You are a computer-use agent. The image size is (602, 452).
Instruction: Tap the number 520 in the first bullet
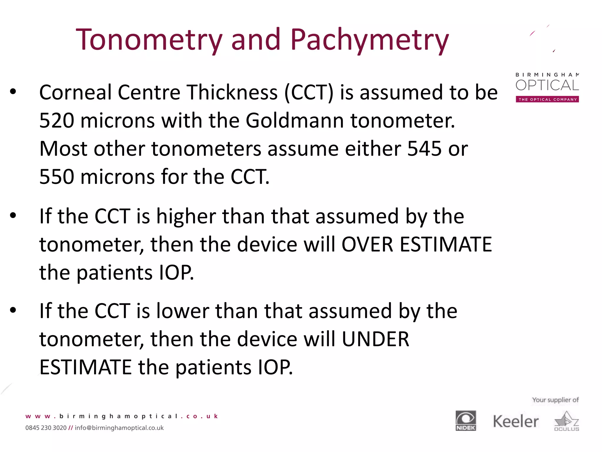pos(57,121)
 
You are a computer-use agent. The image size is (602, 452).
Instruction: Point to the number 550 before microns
pos(57,177)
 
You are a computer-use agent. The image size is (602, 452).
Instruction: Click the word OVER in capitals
pos(367,245)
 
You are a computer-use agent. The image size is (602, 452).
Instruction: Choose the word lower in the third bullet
pos(183,311)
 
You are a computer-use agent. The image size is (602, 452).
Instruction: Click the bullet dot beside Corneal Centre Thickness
pos(13,92)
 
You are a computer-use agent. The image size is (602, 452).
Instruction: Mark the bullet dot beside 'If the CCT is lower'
pos(13,310)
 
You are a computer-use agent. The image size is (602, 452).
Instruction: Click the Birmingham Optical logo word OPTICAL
pos(547,86)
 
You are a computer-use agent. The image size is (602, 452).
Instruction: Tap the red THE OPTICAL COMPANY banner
pos(547,99)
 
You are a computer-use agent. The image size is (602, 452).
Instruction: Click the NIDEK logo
pos(466,421)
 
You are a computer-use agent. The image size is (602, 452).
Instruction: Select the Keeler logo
pos(516,421)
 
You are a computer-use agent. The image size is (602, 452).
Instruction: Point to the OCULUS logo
pos(566,421)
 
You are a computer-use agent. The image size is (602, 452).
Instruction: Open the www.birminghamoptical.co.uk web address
pos(122,416)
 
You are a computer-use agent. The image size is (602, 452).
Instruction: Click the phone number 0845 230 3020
pos(46,428)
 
